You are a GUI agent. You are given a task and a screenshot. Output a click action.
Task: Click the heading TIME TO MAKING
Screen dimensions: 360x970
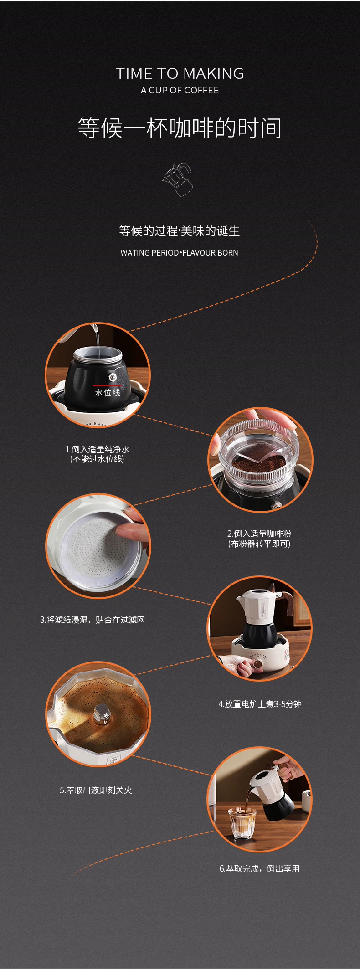click(x=180, y=73)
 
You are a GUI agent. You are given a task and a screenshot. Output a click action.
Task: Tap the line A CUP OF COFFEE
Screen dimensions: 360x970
click(x=180, y=90)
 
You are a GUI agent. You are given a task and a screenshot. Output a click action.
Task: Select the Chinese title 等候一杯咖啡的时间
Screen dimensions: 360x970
click(x=180, y=128)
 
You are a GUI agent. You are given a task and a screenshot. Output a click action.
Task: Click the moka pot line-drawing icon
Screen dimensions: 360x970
click(x=178, y=180)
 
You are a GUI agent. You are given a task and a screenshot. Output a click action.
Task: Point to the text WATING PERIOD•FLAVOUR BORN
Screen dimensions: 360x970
click(x=180, y=252)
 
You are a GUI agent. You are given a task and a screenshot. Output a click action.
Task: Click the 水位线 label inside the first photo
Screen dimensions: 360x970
click(x=108, y=392)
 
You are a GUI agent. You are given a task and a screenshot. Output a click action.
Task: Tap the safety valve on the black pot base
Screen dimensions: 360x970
click(x=112, y=377)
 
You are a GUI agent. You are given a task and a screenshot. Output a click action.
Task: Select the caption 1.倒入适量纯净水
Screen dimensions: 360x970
click(x=97, y=449)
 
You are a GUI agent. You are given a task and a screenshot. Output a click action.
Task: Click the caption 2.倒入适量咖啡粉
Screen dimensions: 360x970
click(x=259, y=534)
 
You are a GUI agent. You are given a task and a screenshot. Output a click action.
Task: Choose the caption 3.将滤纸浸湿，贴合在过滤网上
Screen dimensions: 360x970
click(x=97, y=620)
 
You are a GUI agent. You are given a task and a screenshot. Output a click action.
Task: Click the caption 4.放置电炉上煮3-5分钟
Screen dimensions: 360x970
click(x=260, y=704)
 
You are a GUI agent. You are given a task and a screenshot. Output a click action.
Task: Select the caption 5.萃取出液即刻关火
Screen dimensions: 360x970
click(x=96, y=790)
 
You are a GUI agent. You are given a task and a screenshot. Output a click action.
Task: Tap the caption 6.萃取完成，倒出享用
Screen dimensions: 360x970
click(x=260, y=868)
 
